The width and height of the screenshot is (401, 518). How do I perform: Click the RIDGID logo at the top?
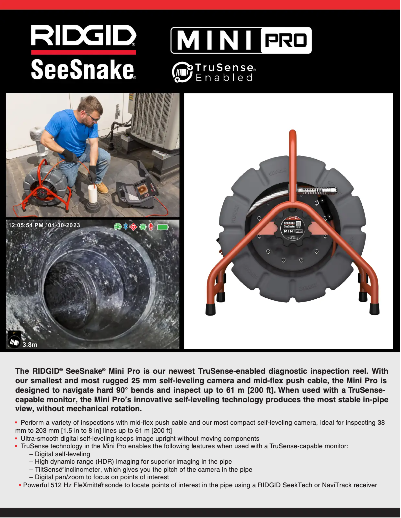point(83,36)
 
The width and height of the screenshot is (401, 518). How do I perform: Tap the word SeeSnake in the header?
point(83,70)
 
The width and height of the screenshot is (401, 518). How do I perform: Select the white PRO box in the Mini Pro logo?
point(285,41)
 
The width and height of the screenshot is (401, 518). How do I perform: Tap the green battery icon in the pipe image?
point(163,227)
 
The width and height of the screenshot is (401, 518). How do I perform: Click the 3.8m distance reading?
point(30,344)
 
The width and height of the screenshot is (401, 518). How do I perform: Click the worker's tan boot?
point(102,188)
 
